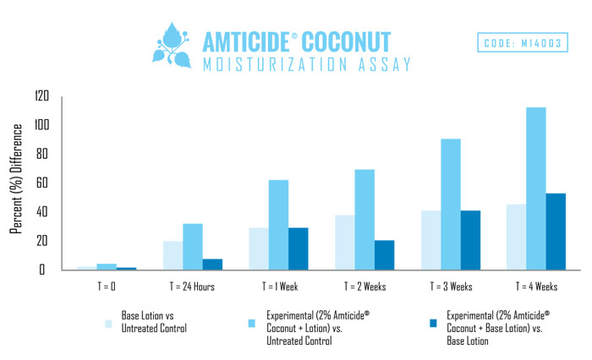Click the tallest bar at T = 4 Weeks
(535, 188)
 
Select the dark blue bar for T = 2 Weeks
(384, 255)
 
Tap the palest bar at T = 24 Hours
(173, 255)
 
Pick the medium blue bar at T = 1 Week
(278, 225)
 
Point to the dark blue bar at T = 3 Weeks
(470, 240)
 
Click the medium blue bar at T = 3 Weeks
(451, 205)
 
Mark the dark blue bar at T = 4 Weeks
(556, 232)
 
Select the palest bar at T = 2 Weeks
(345, 243)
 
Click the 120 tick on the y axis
(42, 95)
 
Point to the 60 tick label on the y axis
(42, 183)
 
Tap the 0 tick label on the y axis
(42, 270)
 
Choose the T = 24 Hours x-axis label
(192, 286)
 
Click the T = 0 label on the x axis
(107, 286)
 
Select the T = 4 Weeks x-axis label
(536, 286)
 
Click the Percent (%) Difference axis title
(16, 179)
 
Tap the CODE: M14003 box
(523, 42)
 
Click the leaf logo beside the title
(173, 46)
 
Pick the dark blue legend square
(433, 324)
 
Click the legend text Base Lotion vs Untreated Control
(154, 322)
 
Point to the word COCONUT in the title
(346, 42)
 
